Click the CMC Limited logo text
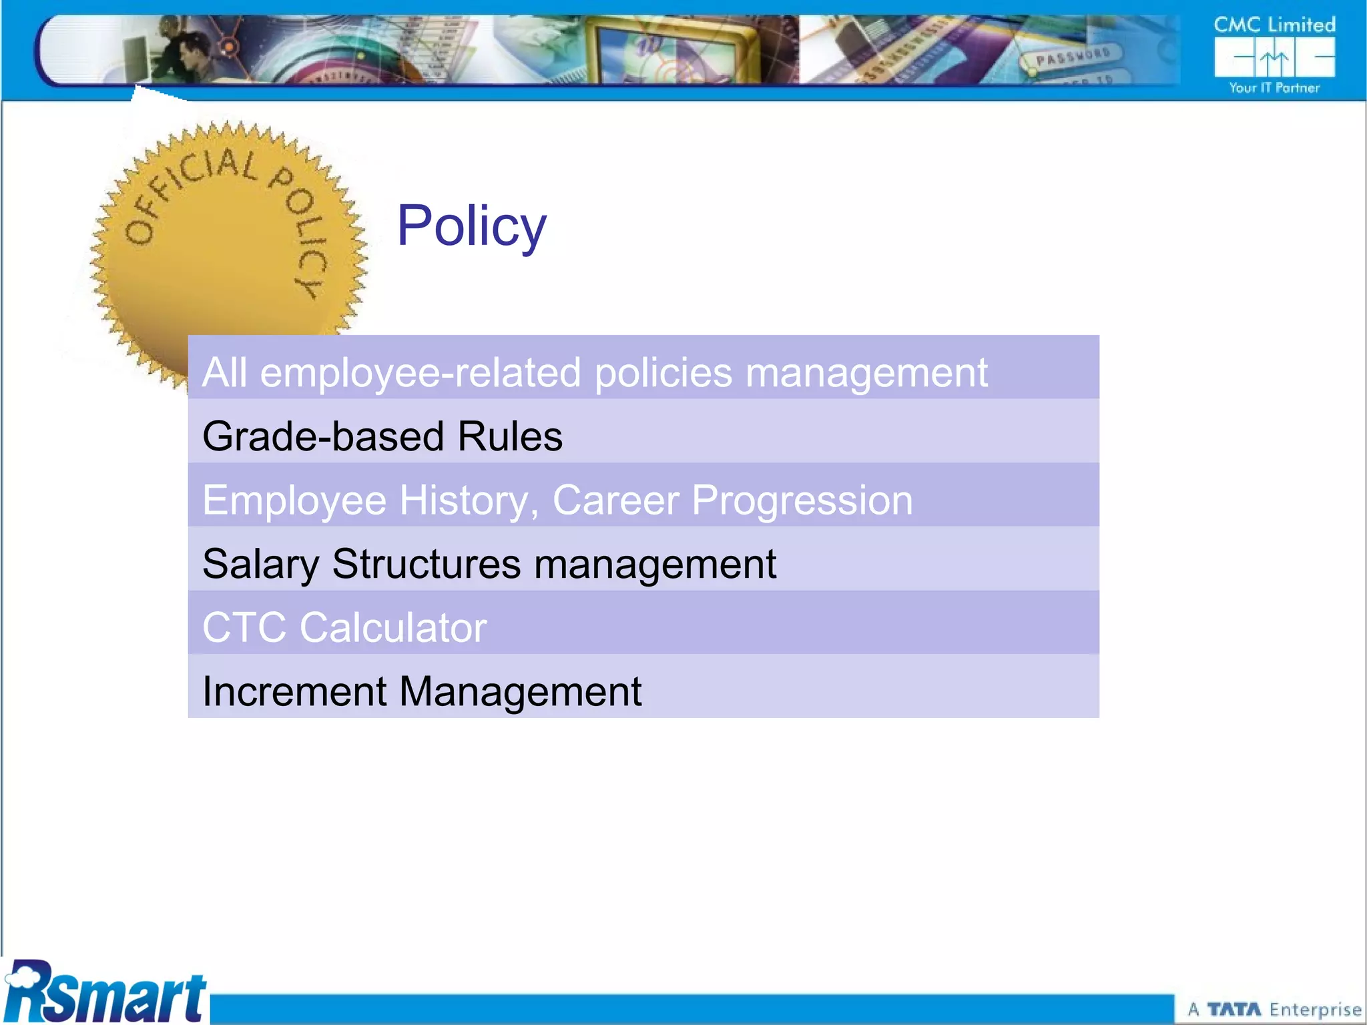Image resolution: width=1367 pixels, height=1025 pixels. tap(1274, 25)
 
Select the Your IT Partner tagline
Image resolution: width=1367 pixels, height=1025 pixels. tap(1274, 88)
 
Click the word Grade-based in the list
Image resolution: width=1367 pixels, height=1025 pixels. tap(323, 436)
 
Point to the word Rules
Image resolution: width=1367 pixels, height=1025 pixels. tap(510, 436)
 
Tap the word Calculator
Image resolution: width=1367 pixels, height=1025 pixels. tap(393, 628)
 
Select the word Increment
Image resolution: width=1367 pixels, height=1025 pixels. tap(294, 691)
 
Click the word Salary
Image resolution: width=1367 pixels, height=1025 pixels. tap(261, 565)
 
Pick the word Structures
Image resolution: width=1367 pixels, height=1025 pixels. tap(427, 565)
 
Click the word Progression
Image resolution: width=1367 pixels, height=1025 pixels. tap(802, 500)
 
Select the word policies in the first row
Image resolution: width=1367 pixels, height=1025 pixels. tap(663, 372)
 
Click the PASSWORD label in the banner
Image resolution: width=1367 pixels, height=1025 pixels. tap(1073, 57)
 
